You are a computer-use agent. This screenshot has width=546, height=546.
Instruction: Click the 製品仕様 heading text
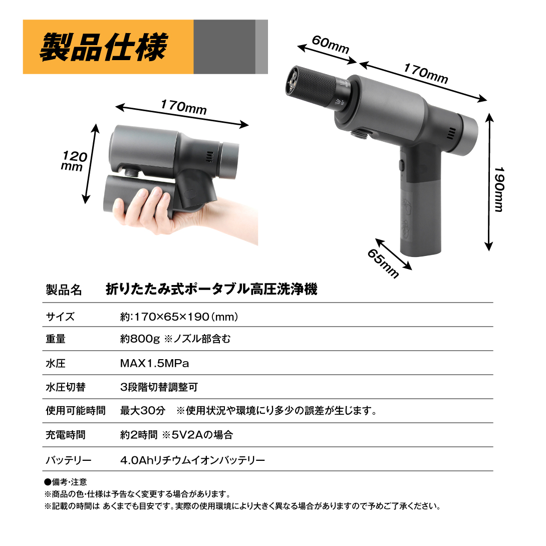[104, 47]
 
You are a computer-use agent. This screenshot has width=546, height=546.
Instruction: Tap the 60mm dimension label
[331, 45]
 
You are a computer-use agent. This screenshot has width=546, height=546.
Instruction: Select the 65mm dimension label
[383, 263]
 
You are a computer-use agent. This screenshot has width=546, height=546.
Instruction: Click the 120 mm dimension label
[74, 161]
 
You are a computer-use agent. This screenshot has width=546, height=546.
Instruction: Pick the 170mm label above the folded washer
[184, 107]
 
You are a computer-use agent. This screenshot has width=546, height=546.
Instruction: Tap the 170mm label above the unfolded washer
[426, 74]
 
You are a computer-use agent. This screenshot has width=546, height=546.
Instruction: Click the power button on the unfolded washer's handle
[401, 165]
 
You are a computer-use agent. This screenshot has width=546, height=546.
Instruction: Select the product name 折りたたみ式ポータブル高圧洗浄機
[212, 290]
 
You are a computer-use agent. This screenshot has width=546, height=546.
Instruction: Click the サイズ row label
[60, 317]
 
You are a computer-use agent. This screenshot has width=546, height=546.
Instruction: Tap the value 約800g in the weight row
[140, 339]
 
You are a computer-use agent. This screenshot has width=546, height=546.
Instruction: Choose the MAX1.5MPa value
[155, 364]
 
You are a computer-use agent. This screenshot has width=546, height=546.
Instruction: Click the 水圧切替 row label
[66, 387]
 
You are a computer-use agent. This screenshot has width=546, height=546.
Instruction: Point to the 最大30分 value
[143, 411]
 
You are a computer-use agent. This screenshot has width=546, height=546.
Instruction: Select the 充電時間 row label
[66, 435]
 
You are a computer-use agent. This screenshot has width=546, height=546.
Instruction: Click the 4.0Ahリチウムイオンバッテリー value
[192, 460]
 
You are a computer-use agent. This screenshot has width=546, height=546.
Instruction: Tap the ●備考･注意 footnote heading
[66, 482]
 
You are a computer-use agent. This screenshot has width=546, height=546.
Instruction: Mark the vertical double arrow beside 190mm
[489, 182]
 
